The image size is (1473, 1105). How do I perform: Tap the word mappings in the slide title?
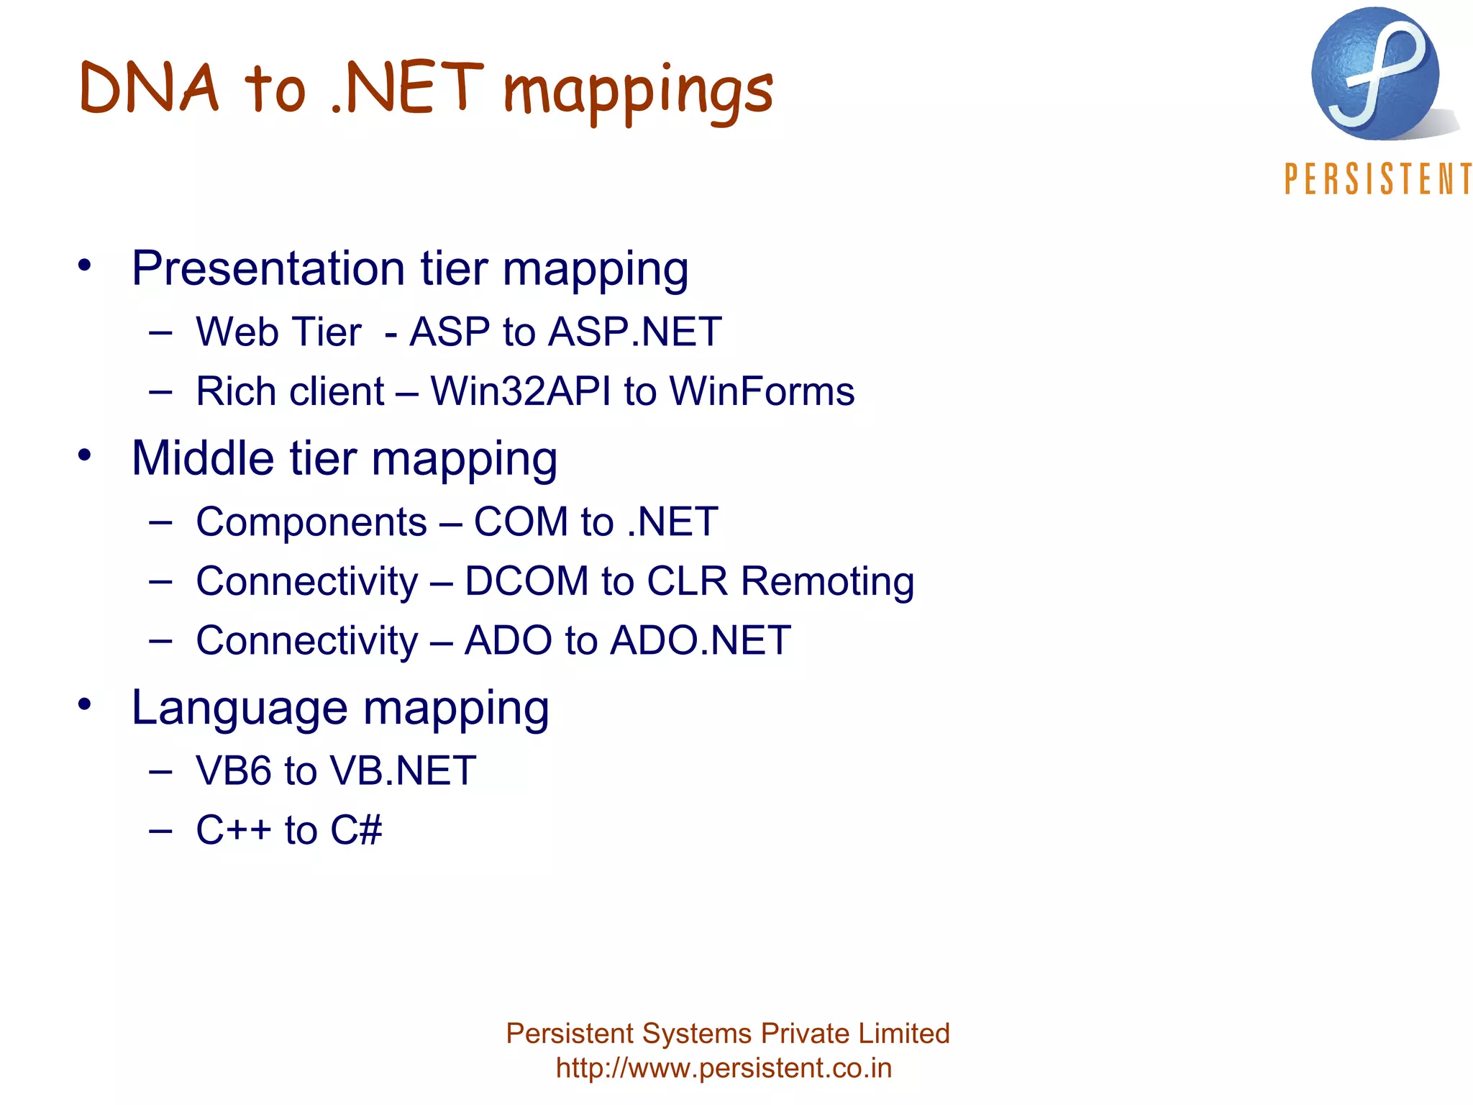[x=638, y=94]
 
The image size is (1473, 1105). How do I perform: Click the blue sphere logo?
[x=1375, y=73]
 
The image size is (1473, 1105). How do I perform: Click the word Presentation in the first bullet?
[x=268, y=268]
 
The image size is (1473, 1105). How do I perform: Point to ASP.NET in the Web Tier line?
[x=635, y=332]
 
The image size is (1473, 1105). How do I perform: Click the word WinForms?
[x=762, y=392]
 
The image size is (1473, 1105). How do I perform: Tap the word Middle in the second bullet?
[x=203, y=458]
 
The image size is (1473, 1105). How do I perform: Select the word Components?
[x=311, y=522]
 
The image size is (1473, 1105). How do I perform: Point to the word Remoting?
[x=827, y=581]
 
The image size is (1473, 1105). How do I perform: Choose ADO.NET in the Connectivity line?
[x=700, y=640]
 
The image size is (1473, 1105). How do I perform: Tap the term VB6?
[x=234, y=771]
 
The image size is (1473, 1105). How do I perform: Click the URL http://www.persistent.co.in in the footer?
[x=724, y=1068]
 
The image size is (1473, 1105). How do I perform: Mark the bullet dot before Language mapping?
[x=85, y=704]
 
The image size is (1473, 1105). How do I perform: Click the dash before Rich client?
[x=160, y=392]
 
